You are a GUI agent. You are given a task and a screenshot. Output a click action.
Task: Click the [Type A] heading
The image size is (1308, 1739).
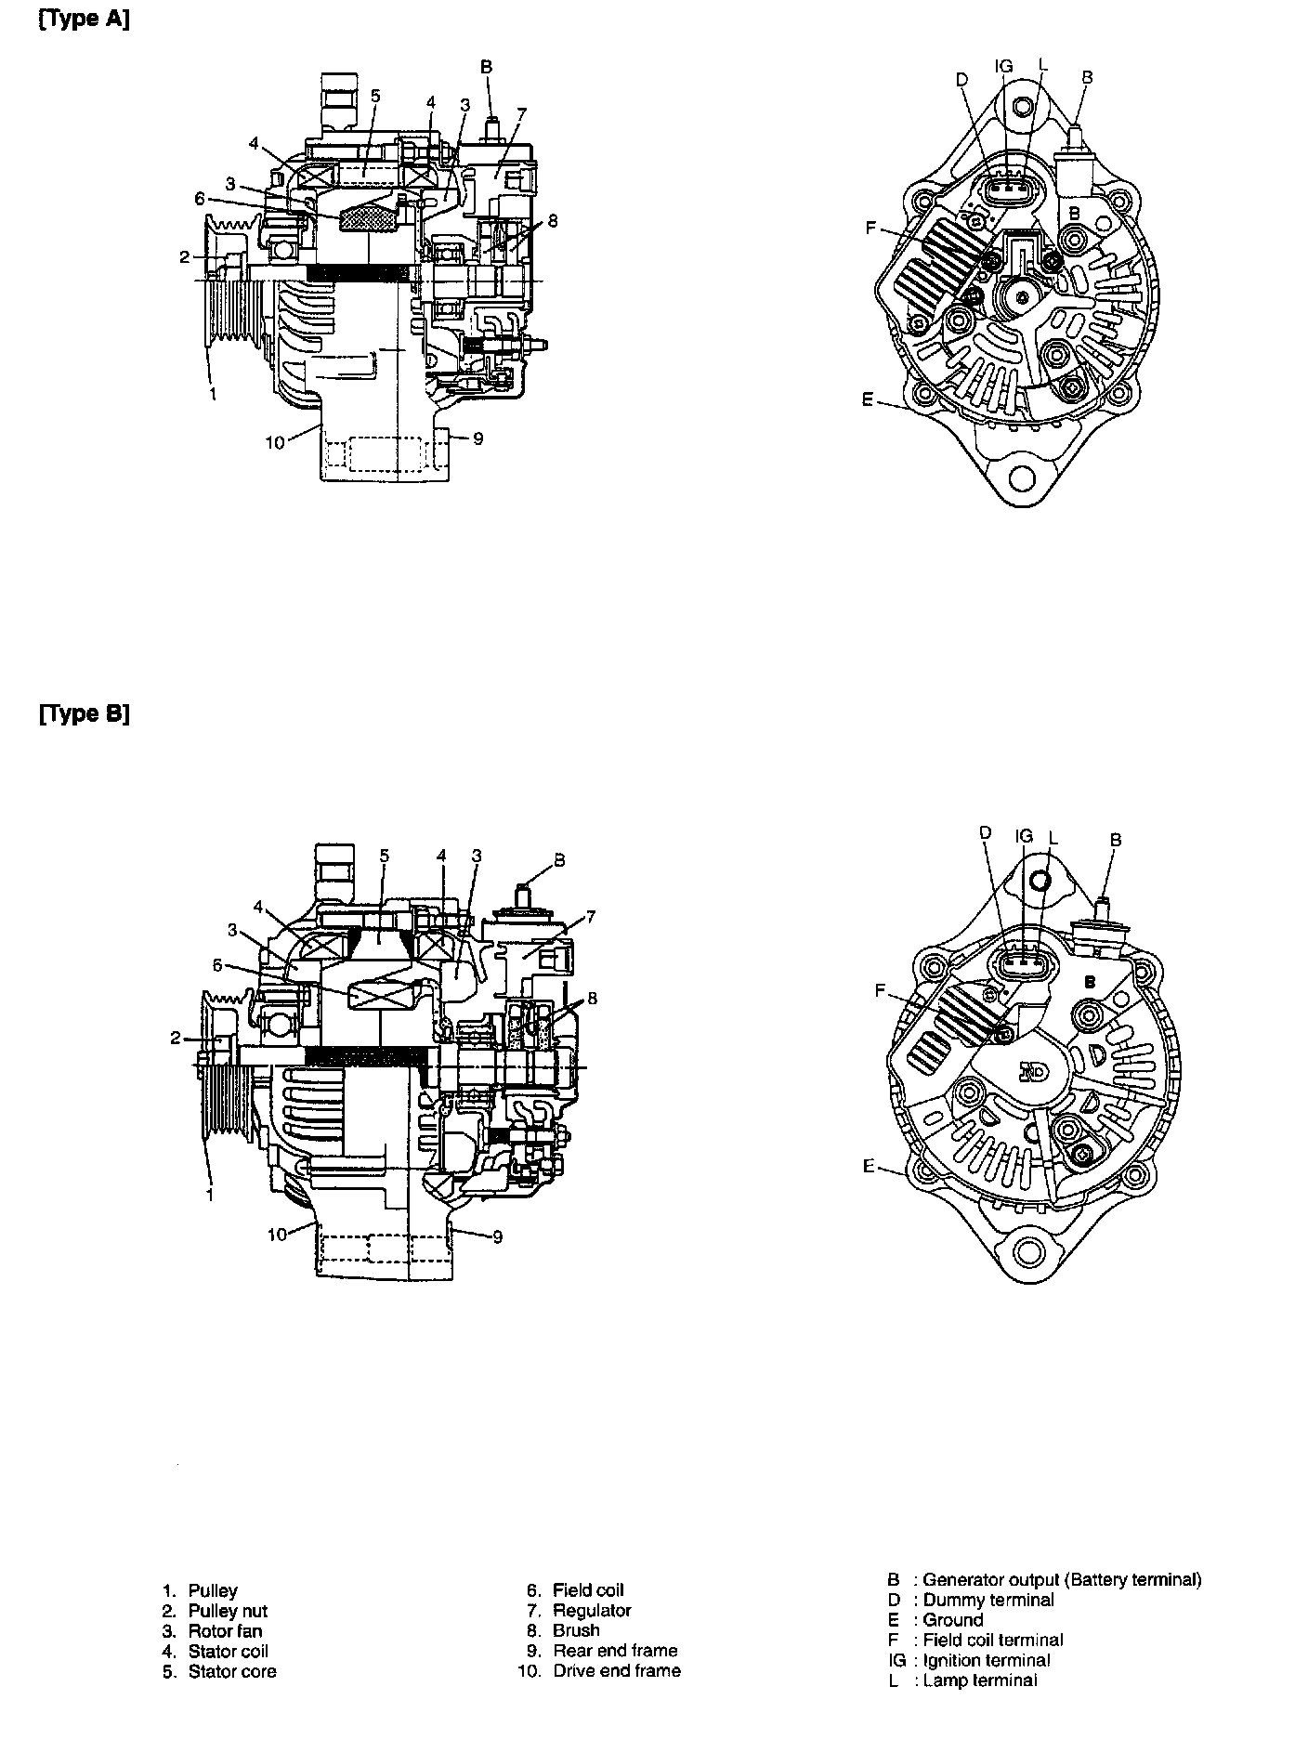coord(84,20)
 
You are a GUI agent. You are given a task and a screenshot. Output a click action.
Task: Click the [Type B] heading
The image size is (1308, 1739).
coord(84,714)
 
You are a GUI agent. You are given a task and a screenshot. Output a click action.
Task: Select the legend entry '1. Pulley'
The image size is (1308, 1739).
coord(200,1590)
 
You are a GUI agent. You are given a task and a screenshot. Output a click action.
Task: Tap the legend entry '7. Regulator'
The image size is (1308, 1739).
coord(579,1611)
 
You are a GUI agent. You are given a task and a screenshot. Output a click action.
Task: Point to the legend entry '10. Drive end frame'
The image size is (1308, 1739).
coord(599,1670)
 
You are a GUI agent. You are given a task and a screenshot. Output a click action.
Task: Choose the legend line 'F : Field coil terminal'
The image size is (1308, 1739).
coord(975,1640)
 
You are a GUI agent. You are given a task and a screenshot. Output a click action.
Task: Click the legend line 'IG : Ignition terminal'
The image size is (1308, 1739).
coord(969,1660)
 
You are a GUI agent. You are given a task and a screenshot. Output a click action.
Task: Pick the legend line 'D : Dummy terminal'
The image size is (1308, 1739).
coord(971,1600)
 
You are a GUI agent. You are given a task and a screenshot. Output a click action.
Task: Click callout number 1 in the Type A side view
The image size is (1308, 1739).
coord(213,394)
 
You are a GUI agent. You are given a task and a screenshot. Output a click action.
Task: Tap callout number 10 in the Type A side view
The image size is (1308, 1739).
coord(275,443)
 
